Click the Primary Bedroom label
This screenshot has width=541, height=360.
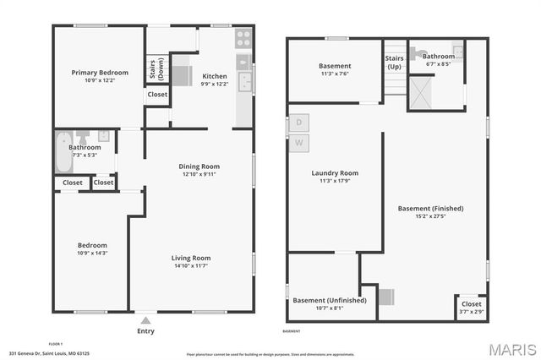[99, 74]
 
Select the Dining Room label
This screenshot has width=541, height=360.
[199, 166]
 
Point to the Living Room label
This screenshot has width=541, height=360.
[191, 258]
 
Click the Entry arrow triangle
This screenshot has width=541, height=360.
[146, 320]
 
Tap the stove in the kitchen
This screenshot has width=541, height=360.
[243, 38]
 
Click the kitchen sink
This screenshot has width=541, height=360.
[244, 82]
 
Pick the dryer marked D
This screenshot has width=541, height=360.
[298, 122]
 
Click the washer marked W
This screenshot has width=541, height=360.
[298, 142]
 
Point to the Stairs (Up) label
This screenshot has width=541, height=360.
[394, 63]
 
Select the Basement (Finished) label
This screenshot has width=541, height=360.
[430, 208]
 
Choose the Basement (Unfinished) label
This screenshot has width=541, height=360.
[330, 300]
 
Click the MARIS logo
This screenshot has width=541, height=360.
[511, 347]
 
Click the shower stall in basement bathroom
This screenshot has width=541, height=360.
[422, 93]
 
